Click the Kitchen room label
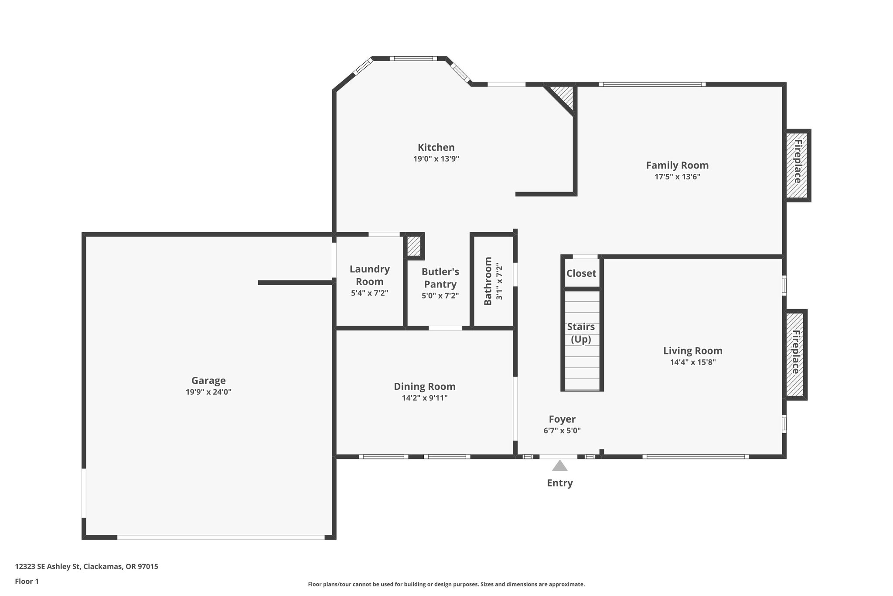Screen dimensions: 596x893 pyautogui.click(x=436, y=148)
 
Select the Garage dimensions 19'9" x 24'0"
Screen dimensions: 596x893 pyautogui.click(x=208, y=392)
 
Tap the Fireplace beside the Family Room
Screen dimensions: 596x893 pyautogui.click(x=797, y=165)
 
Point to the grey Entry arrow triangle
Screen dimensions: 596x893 pyautogui.click(x=560, y=466)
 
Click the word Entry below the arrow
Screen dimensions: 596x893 pyautogui.click(x=560, y=483)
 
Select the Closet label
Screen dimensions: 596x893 pyautogui.click(x=581, y=273)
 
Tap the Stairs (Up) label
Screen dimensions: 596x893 pyautogui.click(x=581, y=333)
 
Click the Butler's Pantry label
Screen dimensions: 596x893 pyautogui.click(x=440, y=278)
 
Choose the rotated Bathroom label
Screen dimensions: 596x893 pyautogui.click(x=488, y=281)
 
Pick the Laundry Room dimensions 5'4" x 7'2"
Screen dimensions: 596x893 pyautogui.click(x=369, y=293)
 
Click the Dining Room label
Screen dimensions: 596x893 pyautogui.click(x=424, y=386)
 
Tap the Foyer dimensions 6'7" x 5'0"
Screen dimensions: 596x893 pyautogui.click(x=562, y=431)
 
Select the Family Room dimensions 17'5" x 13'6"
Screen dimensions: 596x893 pyautogui.click(x=677, y=177)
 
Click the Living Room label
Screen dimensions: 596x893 pyautogui.click(x=692, y=351)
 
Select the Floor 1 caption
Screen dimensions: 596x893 pyautogui.click(x=27, y=581)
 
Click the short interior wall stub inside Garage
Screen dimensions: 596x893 pyautogui.click(x=295, y=283)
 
